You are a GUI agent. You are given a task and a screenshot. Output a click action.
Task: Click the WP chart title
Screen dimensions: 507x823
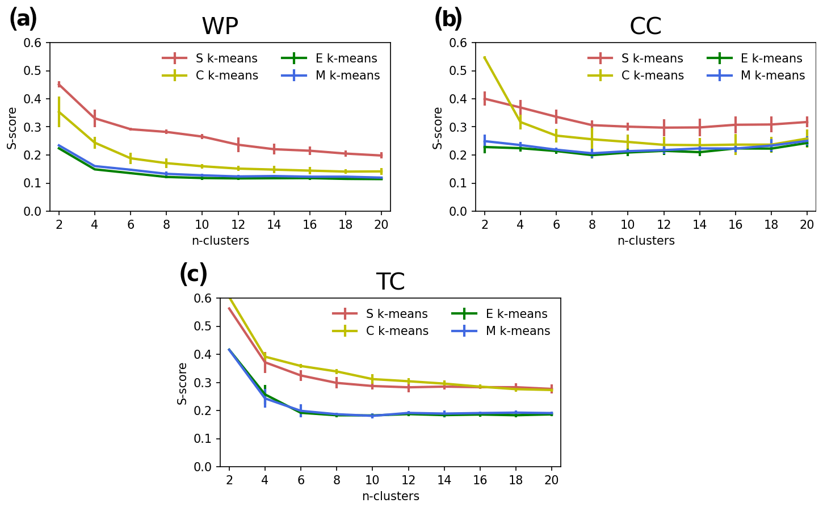coord(220,26)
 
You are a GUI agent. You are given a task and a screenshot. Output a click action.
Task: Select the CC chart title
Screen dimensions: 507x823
coord(645,26)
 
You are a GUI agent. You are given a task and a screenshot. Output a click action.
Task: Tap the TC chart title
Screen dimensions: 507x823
coord(390,282)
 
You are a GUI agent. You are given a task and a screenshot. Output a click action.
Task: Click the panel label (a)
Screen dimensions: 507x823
coord(23,19)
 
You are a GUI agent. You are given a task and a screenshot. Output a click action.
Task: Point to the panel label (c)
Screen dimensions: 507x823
coord(193,274)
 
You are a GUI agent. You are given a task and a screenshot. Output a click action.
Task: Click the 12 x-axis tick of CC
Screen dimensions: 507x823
coord(664,225)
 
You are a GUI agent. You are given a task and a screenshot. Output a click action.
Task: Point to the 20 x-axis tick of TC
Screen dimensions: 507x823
coord(552,480)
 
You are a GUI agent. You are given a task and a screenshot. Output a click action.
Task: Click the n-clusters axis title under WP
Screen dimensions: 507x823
coord(220,241)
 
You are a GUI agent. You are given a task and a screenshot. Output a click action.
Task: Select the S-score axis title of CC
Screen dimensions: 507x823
coord(438,128)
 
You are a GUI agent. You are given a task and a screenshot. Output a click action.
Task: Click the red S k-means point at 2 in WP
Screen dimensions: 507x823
coord(59,84)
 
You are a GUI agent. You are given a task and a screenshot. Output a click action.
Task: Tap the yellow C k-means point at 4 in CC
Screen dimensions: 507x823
coord(520,121)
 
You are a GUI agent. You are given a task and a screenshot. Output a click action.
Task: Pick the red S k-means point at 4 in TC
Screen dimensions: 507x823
coord(265,362)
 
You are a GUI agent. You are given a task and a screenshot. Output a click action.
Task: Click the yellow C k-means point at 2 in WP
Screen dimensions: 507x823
coord(59,112)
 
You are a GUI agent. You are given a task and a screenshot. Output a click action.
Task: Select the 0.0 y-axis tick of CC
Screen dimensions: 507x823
coord(459,211)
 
